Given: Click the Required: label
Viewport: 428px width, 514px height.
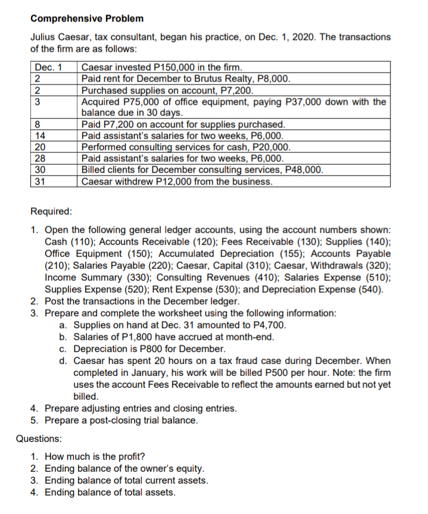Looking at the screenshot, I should (x=51, y=211).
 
